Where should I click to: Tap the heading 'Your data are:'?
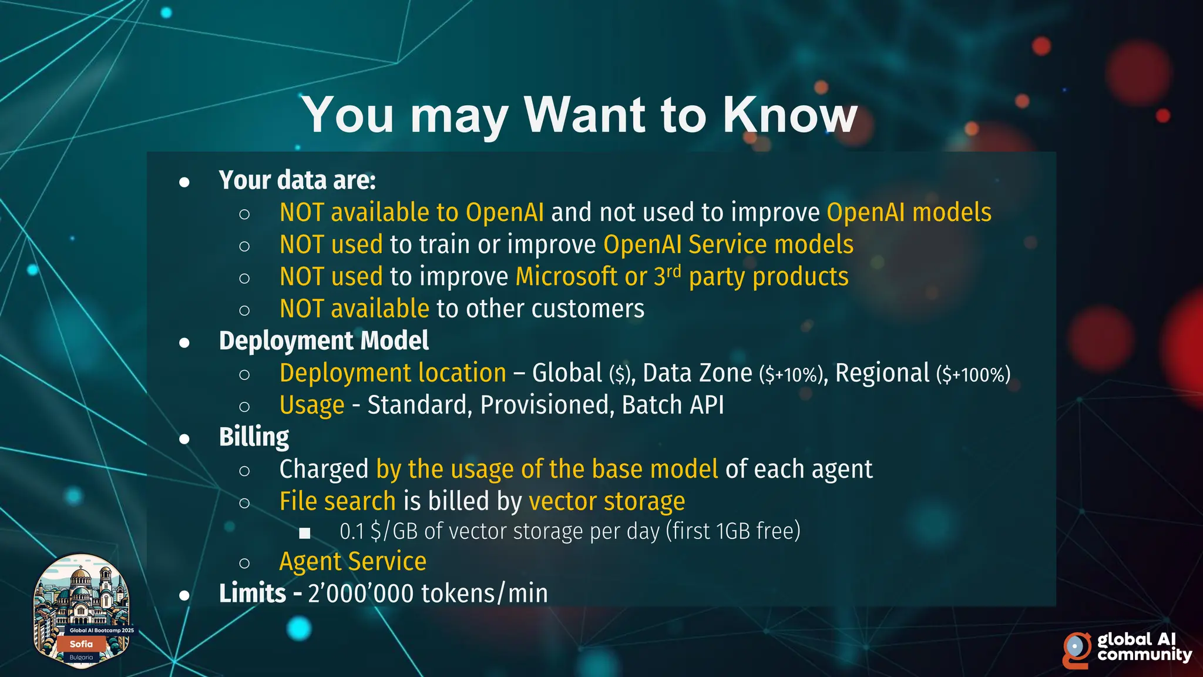coord(297,180)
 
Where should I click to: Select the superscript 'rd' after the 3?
coord(673,272)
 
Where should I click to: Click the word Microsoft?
coord(566,277)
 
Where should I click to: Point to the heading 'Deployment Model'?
coord(324,341)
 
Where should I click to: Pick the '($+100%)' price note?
coord(973,374)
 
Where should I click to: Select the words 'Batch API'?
coord(673,405)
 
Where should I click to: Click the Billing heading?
coord(254,437)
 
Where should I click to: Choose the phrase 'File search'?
coord(337,501)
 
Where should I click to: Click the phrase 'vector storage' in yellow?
coord(607,501)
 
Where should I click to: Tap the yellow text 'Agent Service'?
coord(352,562)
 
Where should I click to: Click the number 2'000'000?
coord(361,594)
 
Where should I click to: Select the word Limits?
coord(252,594)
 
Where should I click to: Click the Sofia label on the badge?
coord(81,644)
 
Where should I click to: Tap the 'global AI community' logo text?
coord(1143,646)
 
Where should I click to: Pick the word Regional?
coord(882,373)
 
